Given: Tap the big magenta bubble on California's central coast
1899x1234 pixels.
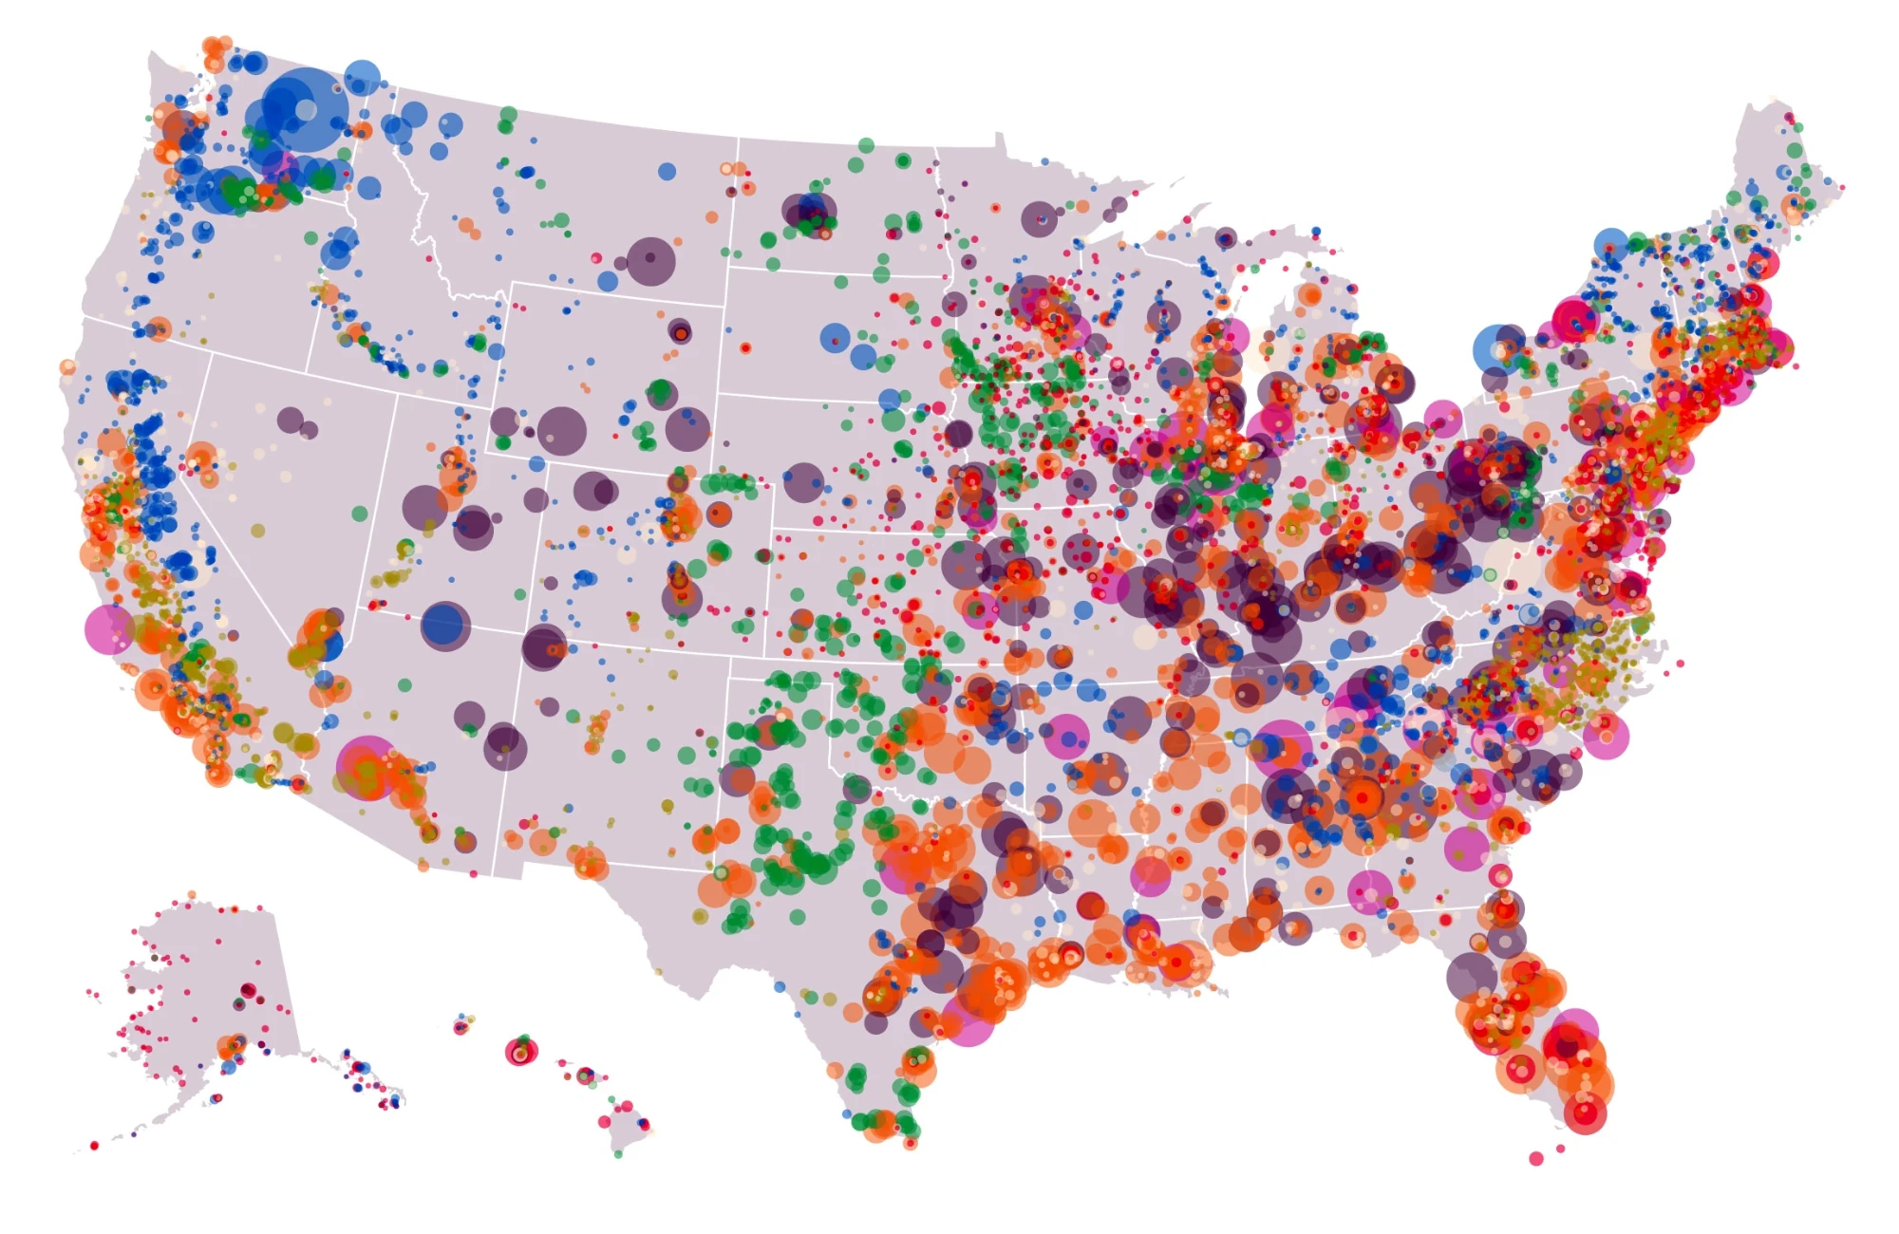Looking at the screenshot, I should (x=109, y=628).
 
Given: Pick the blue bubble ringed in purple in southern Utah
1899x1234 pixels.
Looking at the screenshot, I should (x=444, y=626).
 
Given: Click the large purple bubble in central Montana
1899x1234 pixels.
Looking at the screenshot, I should (x=650, y=261).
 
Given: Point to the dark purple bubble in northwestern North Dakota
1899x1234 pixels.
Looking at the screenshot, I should (x=811, y=211).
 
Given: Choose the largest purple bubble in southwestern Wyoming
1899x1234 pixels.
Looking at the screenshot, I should (x=561, y=431).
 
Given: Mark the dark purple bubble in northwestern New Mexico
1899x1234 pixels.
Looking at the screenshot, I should (x=543, y=647).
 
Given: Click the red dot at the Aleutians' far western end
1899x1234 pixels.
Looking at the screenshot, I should (x=94, y=1146).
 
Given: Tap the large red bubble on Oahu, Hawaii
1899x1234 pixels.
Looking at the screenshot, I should (x=520, y=1052).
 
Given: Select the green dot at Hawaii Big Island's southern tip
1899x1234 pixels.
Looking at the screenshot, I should (x=618, y=1154).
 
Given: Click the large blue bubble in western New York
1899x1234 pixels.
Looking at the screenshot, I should (x=1497, y=348).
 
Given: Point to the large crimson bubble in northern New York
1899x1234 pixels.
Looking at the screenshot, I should (x=1574, y=319).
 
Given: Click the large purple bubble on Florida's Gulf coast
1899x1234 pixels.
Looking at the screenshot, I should (x=1471, y=976).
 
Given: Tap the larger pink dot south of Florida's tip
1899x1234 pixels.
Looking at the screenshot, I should (x=1536, y=1158).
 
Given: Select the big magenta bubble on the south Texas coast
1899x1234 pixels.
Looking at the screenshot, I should (x=968, y=1019).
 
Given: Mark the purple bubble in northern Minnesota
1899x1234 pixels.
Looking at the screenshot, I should (x=1040, y=219).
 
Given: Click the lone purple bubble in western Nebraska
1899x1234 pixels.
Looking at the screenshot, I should (x=803, y=482).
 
